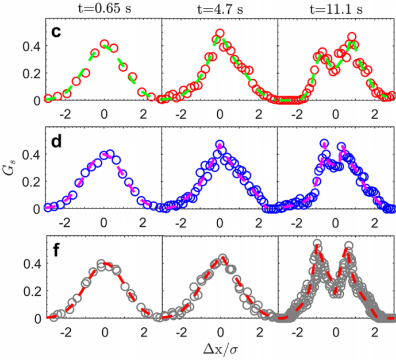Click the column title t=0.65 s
(x=103, y=8)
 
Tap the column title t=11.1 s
(x=336, y=8)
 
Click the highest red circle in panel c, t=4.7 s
(x=220, y=34)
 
